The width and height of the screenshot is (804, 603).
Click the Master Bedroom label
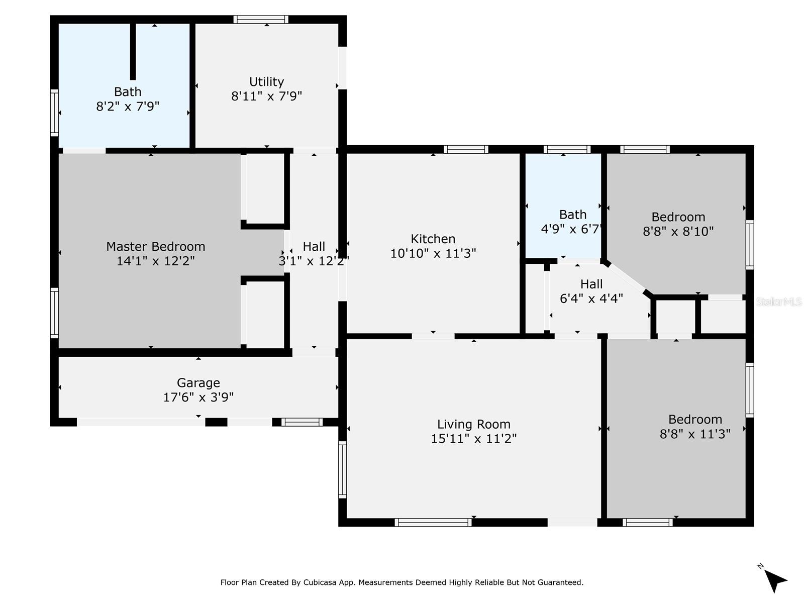point(155,246)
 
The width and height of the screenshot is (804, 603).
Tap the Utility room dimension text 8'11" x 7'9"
point(266,96)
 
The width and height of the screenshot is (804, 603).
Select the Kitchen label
point(433,239)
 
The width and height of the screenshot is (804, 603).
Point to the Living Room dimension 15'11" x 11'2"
point(473,438)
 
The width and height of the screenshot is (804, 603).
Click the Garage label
point(198,382)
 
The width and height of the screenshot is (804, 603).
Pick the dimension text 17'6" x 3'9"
point(198,397)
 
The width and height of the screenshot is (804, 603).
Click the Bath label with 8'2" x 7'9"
point(128,91)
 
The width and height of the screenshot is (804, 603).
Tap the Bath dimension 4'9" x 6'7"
point(572,229)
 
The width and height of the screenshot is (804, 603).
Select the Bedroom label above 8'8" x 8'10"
point(678,217)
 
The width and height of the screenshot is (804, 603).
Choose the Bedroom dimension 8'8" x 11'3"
point(695,434)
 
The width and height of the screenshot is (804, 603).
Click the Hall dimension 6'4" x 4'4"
point(591,298)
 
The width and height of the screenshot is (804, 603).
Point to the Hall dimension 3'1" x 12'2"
point(314,261)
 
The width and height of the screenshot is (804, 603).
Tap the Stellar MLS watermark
point(779,301)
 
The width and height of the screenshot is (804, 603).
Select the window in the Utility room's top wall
point(261,20)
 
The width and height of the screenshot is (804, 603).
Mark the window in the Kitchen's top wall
point(465,149)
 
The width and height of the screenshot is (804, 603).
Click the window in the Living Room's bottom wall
point(433,522)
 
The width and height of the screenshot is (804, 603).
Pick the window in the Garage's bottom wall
point(302,422)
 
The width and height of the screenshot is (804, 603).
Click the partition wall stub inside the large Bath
point(133,52)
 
